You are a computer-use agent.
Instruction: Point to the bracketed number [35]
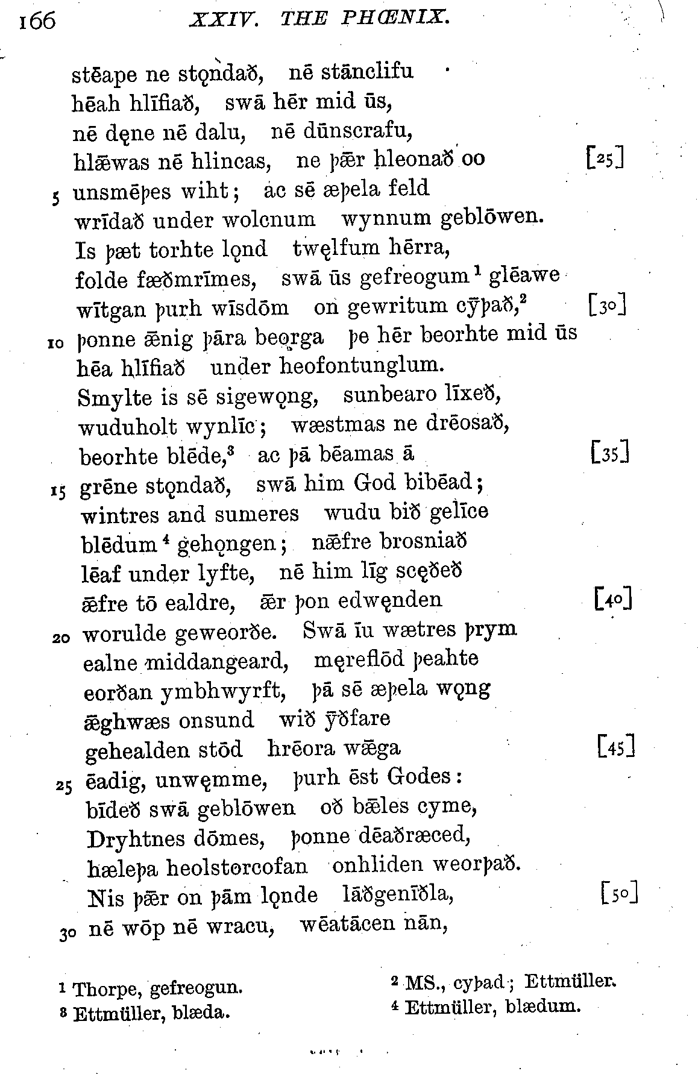(x=611, y=452)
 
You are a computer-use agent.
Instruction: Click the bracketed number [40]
(x=612, y=600)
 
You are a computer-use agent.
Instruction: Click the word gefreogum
(x=414, y=278)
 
